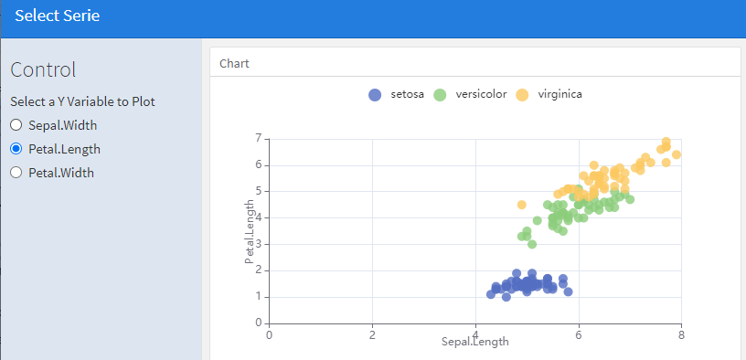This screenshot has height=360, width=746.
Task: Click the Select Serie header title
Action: coord(57,16)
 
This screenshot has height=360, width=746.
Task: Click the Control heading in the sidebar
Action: coord(43,70)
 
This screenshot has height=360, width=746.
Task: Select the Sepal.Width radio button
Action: coord(16,125)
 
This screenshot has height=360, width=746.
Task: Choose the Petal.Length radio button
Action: coord(16,149)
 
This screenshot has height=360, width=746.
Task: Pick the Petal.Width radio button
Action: coord(16,172)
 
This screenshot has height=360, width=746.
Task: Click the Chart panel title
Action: coord(235,64)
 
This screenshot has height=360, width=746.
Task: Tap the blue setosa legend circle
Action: coord(376,95)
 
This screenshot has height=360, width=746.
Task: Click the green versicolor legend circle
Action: coord(440,95)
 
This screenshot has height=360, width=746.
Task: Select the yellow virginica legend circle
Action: coord(522,95)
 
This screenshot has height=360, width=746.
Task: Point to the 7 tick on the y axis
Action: coord(260,138)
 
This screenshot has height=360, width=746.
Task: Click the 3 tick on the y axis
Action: coord(260,245)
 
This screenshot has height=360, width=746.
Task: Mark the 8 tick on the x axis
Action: coord(682,334)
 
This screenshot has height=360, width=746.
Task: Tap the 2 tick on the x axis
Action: coord(372,334)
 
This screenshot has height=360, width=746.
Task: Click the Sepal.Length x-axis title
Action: coord(475,342)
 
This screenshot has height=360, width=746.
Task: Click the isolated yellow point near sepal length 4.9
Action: coord(522,205)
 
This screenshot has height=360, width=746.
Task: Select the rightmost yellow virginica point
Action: coord(677,154)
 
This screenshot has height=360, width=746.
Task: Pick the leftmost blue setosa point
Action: coord(491,294)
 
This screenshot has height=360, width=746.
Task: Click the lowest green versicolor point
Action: coord(532,244)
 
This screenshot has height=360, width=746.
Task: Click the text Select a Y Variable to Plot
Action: coord(83,101)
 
